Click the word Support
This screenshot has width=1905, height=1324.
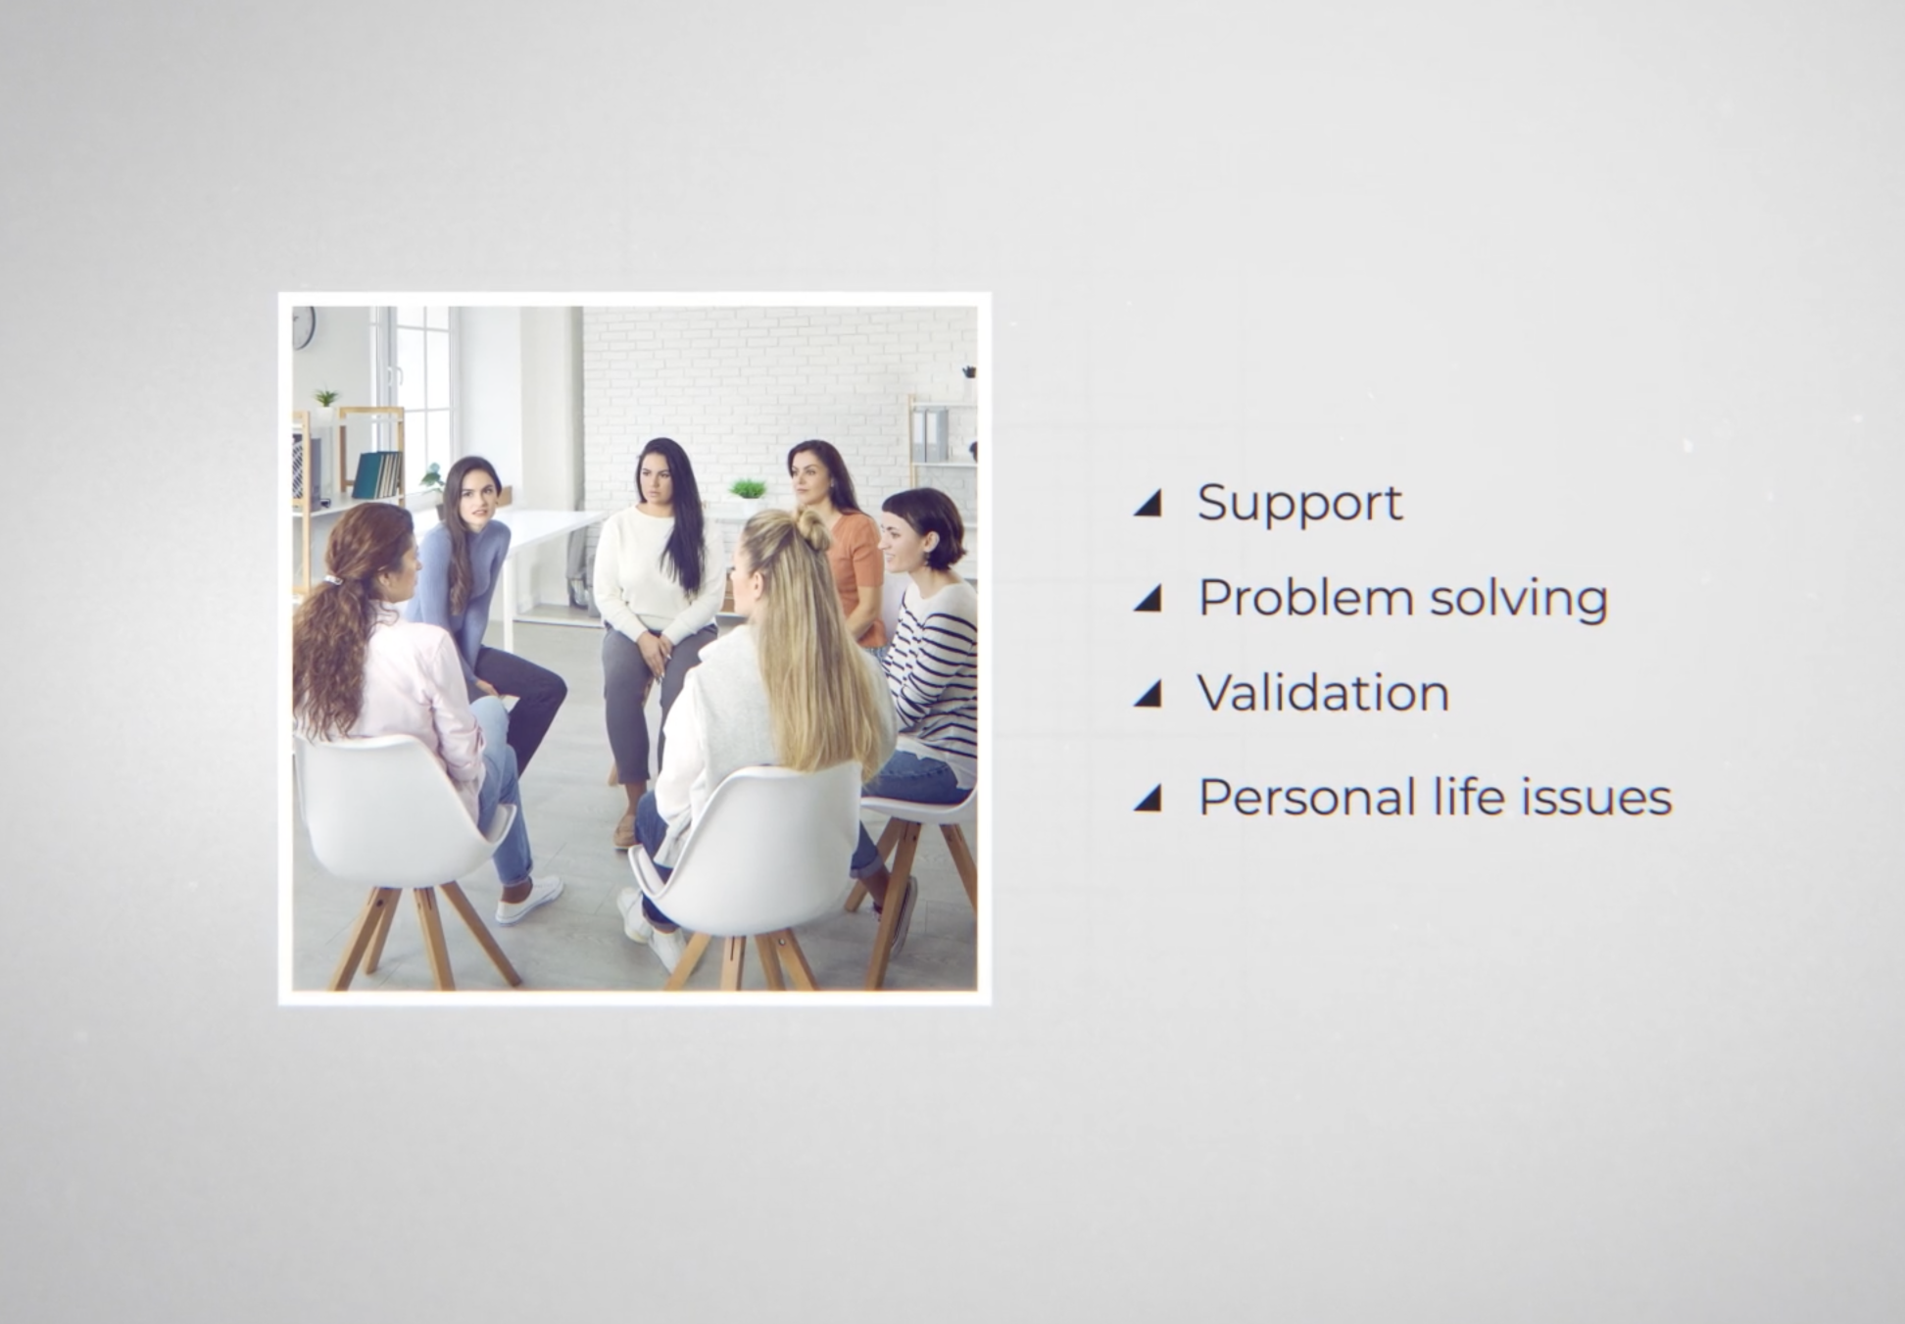(x=1299, y=504)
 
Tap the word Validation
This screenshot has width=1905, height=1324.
(x=1323, y=693)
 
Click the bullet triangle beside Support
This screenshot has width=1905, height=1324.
(x=1148, y=503)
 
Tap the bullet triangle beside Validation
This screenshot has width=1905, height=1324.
(x=1148, y=694)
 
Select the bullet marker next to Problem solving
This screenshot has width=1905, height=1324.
(x=1148, y=598)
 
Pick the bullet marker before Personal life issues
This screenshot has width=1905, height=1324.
(x=1148, y=798)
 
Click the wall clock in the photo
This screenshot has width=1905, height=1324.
(x=303, y=326)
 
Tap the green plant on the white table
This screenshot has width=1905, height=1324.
(x=748, y=488)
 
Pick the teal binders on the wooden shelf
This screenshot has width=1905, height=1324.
(x=377, y=475)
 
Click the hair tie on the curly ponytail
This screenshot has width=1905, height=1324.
(x=334, y=580)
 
